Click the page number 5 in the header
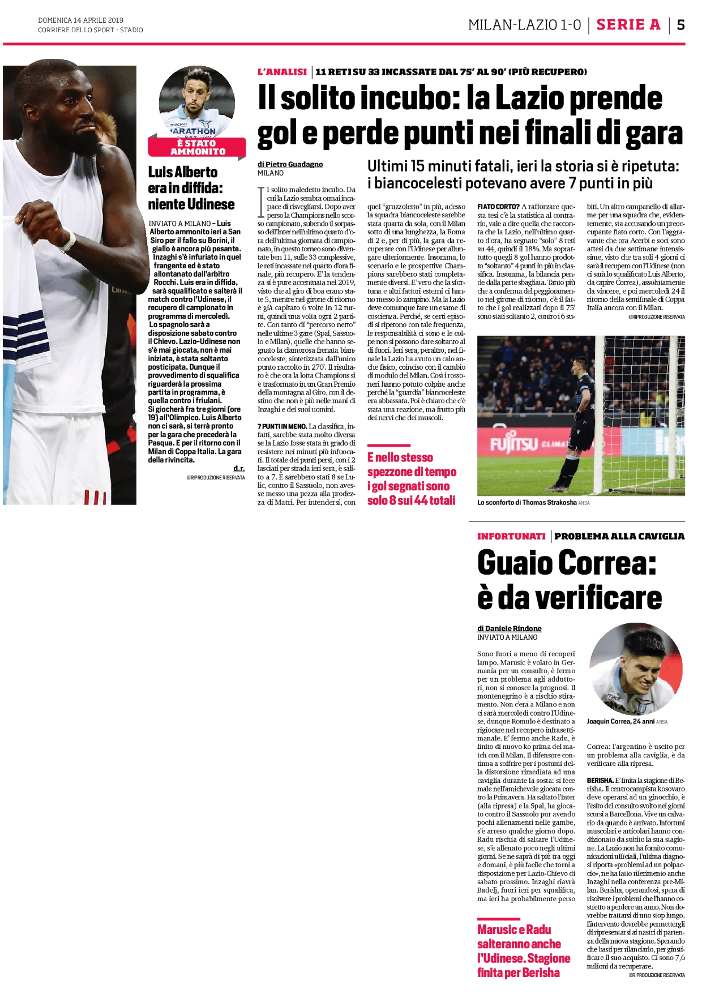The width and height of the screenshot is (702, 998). (x=680, y=24)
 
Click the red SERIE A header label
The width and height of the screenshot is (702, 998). (x=628, y=24)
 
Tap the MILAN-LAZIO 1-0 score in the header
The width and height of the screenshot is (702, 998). (x=524, y=25)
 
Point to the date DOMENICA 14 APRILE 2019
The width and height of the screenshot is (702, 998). (x=80, y=20)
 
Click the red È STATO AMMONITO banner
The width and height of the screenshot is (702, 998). (x=197, y=148)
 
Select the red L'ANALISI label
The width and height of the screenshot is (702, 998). (x=282, y=72)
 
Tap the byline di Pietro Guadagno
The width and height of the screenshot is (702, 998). (x=290, y=164)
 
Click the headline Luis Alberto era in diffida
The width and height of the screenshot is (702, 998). (x=191, y=188)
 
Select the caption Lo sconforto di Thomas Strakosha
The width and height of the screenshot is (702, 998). (x=526, y=503)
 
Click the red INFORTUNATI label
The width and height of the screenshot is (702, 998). (x=511, y=536)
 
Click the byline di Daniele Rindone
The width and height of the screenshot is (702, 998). (x=509, y=628)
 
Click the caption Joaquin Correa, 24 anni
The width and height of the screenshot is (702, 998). (x=621, y=722)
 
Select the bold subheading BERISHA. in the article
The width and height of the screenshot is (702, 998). (x=600, y=781)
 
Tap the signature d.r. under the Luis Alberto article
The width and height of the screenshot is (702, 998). (x=239, y=469)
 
